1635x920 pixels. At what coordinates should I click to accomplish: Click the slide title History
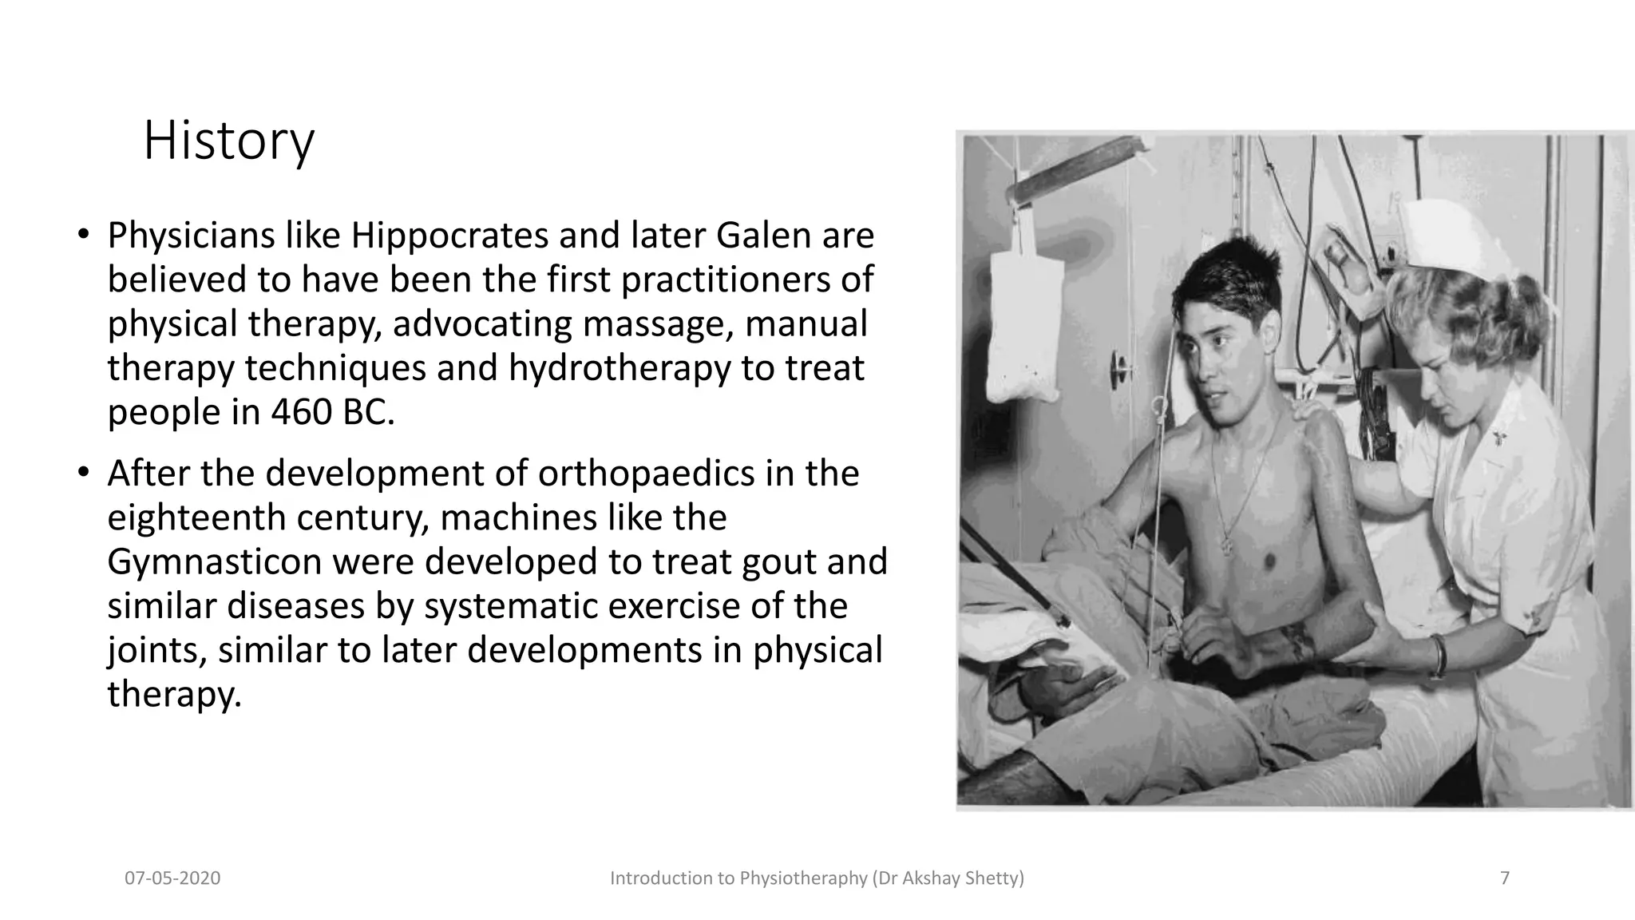click(229, 141)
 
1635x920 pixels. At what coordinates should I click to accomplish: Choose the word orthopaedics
click(646, 474)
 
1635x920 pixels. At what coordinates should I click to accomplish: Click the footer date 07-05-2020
click(172, 878)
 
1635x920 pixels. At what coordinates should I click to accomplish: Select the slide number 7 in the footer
click(1505, 878)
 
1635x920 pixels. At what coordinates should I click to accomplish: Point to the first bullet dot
click(82, 235)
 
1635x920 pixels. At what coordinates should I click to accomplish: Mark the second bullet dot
click(82, 473)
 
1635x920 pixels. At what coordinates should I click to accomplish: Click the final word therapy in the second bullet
click(173, 694)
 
